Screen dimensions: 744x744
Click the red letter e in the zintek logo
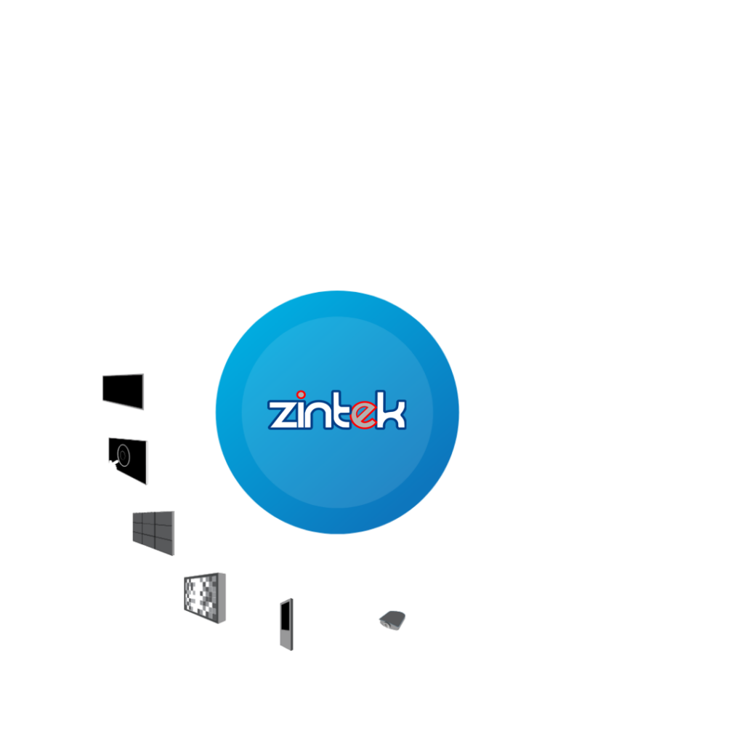tap(360, 413)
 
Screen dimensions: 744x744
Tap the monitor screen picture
tap(123, 391)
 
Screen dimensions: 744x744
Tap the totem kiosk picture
tap(286, 624)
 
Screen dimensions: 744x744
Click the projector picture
tap(392, 620)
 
